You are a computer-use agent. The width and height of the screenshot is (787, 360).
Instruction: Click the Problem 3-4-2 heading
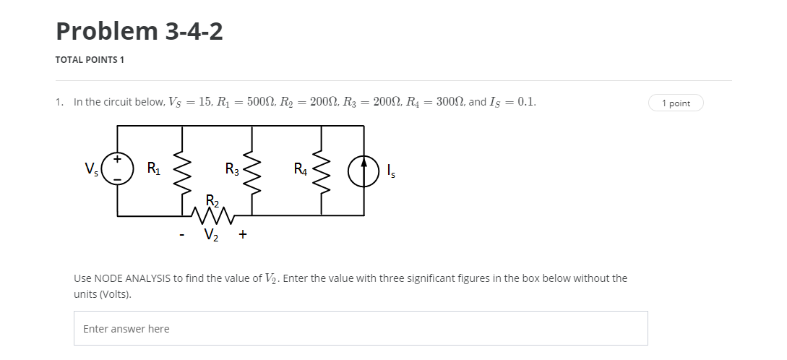[x=139, y=31]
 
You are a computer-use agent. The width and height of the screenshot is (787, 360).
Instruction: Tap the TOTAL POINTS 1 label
[x=90, y=60]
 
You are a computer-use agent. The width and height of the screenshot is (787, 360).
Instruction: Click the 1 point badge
[x=675, y=103]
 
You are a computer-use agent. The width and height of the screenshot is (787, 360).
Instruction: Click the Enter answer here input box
[x=360, y=328]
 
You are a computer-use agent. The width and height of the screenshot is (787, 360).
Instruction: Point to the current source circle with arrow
[x=364, y=171]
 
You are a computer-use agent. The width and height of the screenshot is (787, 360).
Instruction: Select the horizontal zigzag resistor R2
[x=213, y=214]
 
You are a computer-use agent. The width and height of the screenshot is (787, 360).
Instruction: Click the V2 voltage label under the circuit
[x=212, y=233]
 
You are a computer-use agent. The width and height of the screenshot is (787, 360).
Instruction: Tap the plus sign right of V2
[x=242, y=233]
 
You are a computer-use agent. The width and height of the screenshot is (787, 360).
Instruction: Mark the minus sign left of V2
[x=183, y=234]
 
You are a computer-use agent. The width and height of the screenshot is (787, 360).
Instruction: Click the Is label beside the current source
[x=391, y=171]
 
